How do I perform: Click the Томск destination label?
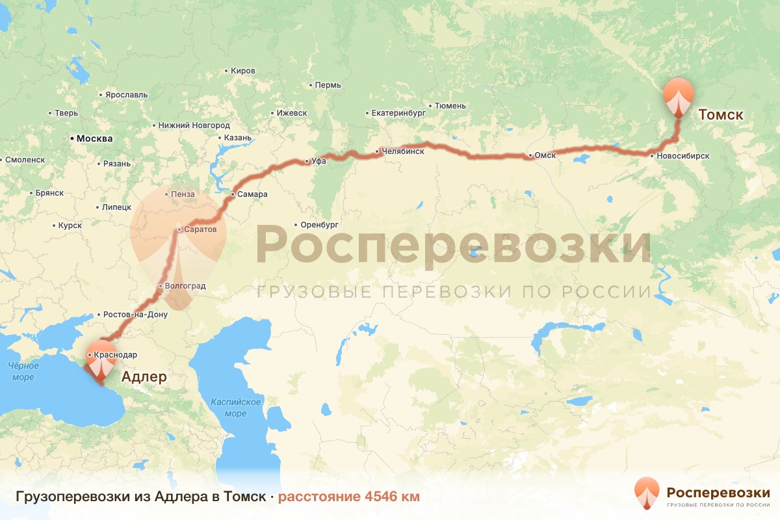[720, 115]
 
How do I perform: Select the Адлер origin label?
[144, 377]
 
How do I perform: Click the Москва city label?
[94, 138]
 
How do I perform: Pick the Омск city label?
[545, 155]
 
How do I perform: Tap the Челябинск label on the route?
[403, 151]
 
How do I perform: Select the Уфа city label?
[318, 161]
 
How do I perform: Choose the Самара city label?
[253, 194]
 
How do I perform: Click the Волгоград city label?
[186, 286]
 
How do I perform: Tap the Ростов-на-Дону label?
[135, 315]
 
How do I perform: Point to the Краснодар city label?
[115, 355]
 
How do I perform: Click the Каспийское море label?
[235, 408]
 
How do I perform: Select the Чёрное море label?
[23, 371]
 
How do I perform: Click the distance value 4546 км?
[392, 497]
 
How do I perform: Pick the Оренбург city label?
[320, 226]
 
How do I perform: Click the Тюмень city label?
[450, 105]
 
